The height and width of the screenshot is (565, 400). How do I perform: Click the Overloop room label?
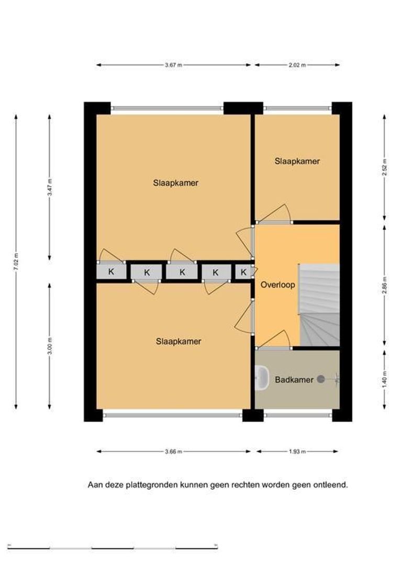point(277,285)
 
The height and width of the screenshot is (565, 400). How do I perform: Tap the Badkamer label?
point(294,379)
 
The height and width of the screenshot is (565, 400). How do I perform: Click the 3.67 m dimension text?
point(173,65)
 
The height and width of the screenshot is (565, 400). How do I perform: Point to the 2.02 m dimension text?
point(297,65)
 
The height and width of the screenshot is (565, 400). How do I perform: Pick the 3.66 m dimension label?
point(173,451)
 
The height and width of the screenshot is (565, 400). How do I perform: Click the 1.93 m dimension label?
point(297,451)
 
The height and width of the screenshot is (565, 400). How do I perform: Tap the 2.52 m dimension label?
point(384,167)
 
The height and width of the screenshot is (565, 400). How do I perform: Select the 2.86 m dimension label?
point(384,285)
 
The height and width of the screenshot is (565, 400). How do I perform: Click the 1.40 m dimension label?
point(384,380)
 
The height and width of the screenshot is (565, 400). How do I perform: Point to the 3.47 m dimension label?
point(50,187)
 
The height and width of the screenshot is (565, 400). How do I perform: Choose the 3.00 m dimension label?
point(50,346)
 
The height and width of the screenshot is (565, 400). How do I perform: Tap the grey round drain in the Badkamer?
point(320,379)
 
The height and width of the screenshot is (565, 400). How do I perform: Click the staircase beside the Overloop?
point(319,305)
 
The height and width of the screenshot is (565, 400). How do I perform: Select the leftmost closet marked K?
point(111,272)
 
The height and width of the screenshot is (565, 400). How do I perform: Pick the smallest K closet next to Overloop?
point(243,272)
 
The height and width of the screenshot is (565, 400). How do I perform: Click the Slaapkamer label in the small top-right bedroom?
point(297,161)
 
